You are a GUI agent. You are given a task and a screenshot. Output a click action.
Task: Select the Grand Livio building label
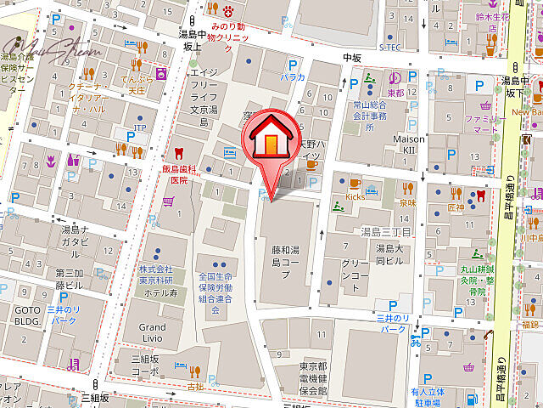click(x=153, y=334)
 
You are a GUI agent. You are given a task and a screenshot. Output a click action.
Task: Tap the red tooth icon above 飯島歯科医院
click(x=178, y=154)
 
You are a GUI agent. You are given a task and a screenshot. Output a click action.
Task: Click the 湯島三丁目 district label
click(x=386, y=231)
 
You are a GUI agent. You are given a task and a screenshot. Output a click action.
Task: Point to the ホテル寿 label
click(x=160, y=292)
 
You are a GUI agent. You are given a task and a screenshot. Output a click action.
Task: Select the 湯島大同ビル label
click(x=394, y=258)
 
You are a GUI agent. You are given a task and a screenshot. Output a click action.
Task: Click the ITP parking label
click(x=140, y=127)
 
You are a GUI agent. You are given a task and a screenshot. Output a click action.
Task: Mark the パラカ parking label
click(x=294, y=77)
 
